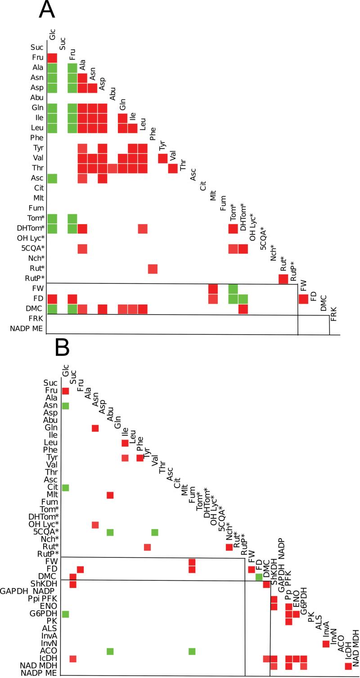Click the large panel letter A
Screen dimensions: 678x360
coord(47,10)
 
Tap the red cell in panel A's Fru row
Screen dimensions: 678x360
coord(52,58)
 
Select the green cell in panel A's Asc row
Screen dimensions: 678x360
coord(52,178)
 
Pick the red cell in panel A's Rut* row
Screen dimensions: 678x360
coord(153,269)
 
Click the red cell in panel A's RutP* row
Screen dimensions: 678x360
coord(283,278)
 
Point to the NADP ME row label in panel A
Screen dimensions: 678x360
coord(27,329)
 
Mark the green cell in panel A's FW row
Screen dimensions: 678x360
coord(233,289)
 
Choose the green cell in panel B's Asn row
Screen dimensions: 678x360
coord(65,406)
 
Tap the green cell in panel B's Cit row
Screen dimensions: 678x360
coord(65,488)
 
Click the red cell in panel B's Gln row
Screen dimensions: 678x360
coord(95,428)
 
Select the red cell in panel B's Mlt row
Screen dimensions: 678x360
coord(110,495)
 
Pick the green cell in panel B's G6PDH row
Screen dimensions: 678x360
coord(65,614)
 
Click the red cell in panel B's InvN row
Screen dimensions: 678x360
coord(326,643)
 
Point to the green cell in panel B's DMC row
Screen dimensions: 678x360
coord(259,577)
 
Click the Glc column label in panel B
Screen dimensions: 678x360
coord(66,372)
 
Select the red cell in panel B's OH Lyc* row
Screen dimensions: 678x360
coord(95,525)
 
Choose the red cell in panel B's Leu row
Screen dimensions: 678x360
coord(125,443)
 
